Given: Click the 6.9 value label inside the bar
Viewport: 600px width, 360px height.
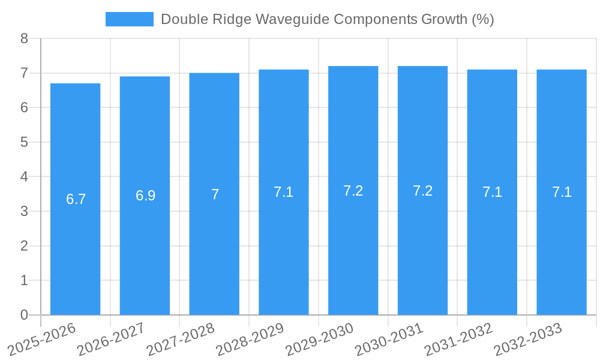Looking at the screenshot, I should (x=145, y=196).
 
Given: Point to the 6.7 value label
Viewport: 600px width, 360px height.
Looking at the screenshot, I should (x=76, y=199).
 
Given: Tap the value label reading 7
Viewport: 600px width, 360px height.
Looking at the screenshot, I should (x=215, y=194).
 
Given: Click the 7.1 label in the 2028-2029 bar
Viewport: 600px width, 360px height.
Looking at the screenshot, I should (x=283, y=192).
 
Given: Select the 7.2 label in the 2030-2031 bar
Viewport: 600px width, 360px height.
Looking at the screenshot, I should (x=422, y=191).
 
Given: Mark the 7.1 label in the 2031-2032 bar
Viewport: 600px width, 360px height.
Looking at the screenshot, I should (x=492, y=192).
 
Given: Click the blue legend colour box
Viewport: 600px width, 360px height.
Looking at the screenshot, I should (x=129, y=19).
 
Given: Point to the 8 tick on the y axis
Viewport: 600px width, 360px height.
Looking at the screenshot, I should (x=24, y=39).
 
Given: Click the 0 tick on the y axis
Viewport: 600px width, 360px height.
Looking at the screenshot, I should (x=24, y=315).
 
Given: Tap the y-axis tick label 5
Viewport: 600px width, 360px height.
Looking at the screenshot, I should (x=24, y=143).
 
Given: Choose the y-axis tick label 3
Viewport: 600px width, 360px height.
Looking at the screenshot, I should (x=24, y=212).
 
